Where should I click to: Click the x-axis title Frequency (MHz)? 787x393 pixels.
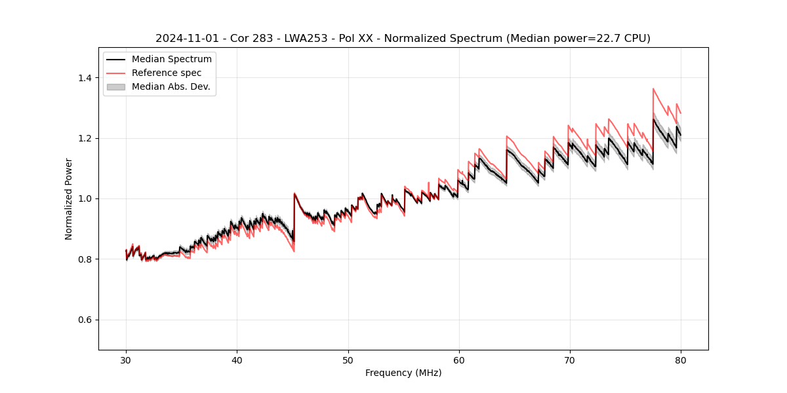click(x=403, y=373)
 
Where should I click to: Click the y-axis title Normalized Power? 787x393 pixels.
click(x=69, y=198)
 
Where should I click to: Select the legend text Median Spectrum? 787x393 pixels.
click(x=172, y=60)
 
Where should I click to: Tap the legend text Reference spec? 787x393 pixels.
click(x=167, y=73)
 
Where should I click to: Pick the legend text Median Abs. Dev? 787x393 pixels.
click(x=171, y=86)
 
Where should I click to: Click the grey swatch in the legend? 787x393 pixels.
click(x=116, y=86)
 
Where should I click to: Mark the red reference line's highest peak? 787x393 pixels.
click(x=653, y=88)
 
